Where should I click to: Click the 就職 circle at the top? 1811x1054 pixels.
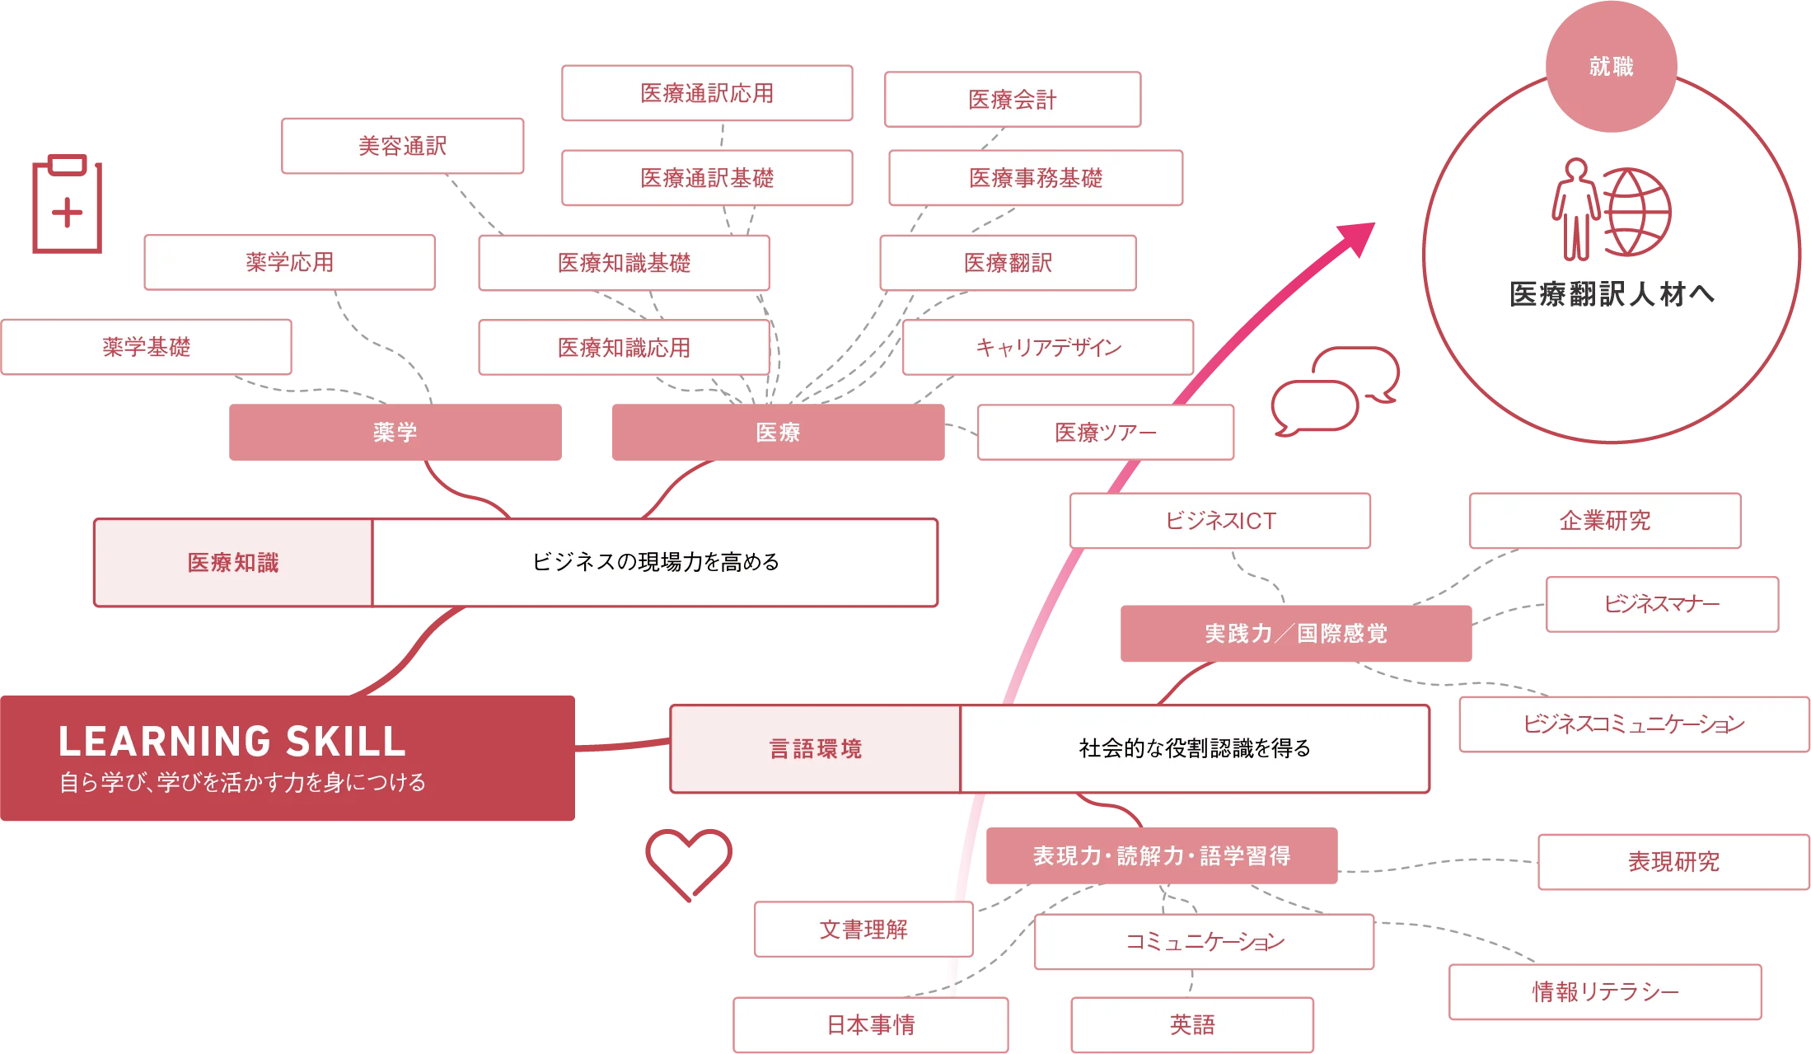tap(1611, 67)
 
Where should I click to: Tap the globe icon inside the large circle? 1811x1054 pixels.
tap(1636, 212)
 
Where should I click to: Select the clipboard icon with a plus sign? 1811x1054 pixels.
tap(66, 204)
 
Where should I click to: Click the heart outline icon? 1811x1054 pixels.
tap(688, 860)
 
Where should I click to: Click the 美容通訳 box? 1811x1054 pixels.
tap(402, 146)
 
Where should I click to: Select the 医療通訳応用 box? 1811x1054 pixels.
tap(707, 93)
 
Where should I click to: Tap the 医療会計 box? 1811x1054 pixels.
tap(1012, 100)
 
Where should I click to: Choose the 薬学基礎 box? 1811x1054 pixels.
tap(147, 347)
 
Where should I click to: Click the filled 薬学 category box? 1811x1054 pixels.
tap(395, 432)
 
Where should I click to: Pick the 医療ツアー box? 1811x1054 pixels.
tap(1106, 432)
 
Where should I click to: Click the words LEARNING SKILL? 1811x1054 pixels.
tap(232, 741)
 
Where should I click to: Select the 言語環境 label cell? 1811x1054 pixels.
tap(815, 748)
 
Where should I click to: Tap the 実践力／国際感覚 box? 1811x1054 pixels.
tap(1296, 633)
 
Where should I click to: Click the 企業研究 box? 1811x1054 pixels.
tap(1605, 521)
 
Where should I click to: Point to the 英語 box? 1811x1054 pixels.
tap(1192, 1024)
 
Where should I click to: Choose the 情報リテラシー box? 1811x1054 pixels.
tap(1605, 991)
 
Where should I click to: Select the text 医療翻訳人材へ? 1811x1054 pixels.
tap(1612, 294)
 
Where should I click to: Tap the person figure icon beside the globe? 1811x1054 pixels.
tap(1575, 209)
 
